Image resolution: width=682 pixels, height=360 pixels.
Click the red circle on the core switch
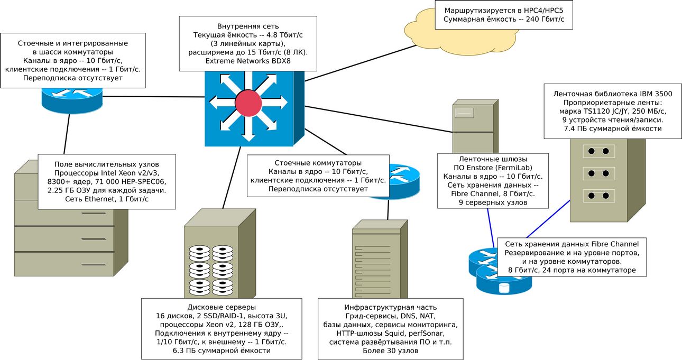tap(248, 103)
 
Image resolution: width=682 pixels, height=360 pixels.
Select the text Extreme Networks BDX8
tap(248, 61)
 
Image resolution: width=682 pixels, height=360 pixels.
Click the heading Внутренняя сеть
tap(248, 26)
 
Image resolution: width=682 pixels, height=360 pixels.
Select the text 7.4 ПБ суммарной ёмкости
tap(613, 128)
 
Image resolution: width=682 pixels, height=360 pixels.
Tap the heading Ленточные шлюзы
tap(493, 159)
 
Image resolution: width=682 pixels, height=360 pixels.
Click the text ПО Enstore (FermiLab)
tap(493, 168)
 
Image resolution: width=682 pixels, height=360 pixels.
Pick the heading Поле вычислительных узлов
tap(107, 164)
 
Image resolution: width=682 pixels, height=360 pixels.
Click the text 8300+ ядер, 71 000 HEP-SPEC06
tap(107, 182)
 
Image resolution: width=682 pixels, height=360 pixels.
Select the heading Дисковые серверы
tap(222, 307)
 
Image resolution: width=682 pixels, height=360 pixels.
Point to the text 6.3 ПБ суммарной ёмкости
tap(222, 350)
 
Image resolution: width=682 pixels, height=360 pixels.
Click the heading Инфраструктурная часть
tap(390, 307)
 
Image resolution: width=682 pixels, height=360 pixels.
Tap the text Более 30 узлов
tap(390, 350)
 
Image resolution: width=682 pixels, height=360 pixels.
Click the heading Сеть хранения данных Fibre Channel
tap(572, 244)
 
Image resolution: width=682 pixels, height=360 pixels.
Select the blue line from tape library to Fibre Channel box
tap(548, 219)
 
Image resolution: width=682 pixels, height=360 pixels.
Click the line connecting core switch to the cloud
tap(361, 63)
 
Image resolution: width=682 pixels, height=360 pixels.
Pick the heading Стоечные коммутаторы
tap(318, 163)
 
